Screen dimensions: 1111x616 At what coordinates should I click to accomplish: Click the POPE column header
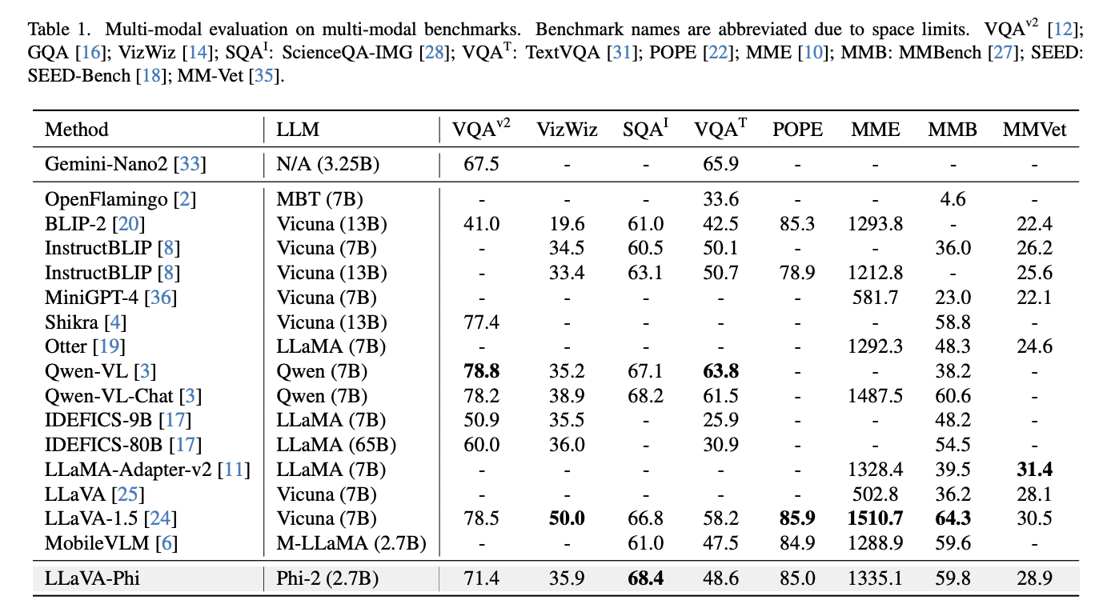(797, 130)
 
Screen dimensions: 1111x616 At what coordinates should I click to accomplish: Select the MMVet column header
(1034, 130)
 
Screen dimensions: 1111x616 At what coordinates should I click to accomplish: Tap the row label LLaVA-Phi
(92, 578)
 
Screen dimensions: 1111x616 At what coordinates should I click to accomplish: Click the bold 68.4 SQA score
(645, 578)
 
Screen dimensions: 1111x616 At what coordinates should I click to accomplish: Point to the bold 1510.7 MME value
(875, 518)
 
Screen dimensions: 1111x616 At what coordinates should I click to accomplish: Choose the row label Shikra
(71, 322)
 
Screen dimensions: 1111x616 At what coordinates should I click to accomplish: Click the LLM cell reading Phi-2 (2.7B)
(327, 578)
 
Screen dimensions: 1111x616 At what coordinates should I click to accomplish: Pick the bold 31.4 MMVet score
(1034, 470)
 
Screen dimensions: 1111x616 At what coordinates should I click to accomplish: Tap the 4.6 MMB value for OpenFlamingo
(953, 199)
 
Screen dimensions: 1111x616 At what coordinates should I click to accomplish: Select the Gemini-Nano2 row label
(106, 164)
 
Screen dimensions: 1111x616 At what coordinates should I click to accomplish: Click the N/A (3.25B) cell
(328, 164)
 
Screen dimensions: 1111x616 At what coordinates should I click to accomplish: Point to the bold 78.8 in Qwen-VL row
(481, 371)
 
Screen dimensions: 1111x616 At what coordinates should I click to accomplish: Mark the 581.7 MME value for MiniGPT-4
(875, 298)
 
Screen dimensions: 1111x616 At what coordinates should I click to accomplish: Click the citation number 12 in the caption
(1062, 30)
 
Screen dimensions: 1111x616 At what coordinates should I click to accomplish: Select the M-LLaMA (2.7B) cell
(351, 544)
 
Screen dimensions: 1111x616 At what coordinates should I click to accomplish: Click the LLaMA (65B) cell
(336, 445)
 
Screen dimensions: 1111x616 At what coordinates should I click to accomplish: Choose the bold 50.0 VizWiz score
(567, 518)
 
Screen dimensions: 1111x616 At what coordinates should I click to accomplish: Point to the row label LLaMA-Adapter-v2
(128, 470)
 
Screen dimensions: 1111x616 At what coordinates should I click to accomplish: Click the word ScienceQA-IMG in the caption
(347, 53)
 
